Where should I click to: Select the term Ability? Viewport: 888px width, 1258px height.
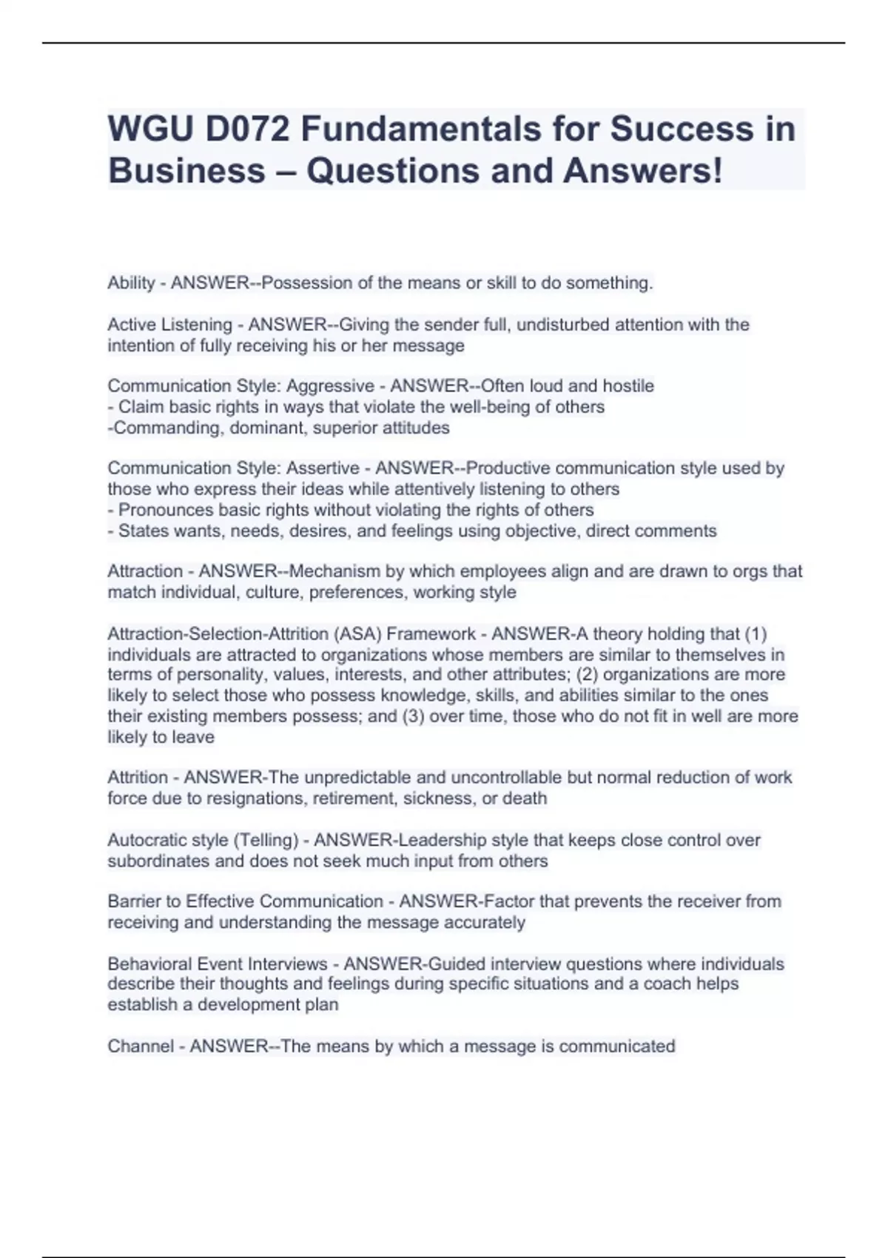point(131,283)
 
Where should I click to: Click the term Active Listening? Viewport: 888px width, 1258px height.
point(169,325)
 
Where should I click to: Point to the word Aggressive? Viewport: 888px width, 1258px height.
point(330,386)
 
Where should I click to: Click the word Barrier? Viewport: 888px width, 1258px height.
point(133,901)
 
